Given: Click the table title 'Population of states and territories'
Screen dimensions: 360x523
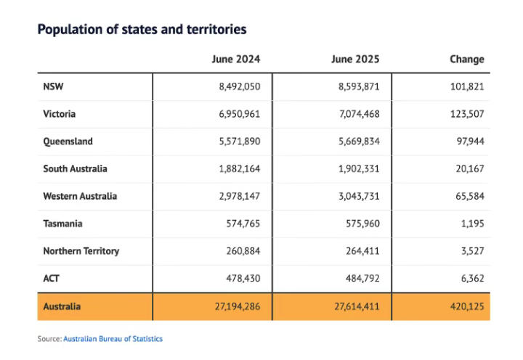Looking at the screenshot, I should tap(142, 30).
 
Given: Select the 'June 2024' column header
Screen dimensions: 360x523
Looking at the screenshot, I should tap(235, 59).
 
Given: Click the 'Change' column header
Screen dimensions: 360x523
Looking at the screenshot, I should tap(466, 59).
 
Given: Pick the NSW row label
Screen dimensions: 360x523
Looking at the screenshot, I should tap(54, 86).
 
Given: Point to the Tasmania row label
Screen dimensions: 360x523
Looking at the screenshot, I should tap(63, 224).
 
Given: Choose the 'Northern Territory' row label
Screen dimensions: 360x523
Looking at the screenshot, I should tap(81, 251).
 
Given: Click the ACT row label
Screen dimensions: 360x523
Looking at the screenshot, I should tap(52, 279).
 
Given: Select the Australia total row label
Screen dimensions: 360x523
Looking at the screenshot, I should tap(62, 306).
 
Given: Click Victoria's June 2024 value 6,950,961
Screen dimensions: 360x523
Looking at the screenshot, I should tap(239, 114).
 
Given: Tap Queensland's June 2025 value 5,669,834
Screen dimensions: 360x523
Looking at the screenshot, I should tap(359, 142).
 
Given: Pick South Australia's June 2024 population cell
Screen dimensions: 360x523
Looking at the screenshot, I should tap(239, 168).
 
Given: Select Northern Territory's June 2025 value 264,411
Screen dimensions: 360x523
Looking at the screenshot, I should tap(362, 251).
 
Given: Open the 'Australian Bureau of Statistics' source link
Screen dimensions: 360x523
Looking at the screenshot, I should tap(113, 339).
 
